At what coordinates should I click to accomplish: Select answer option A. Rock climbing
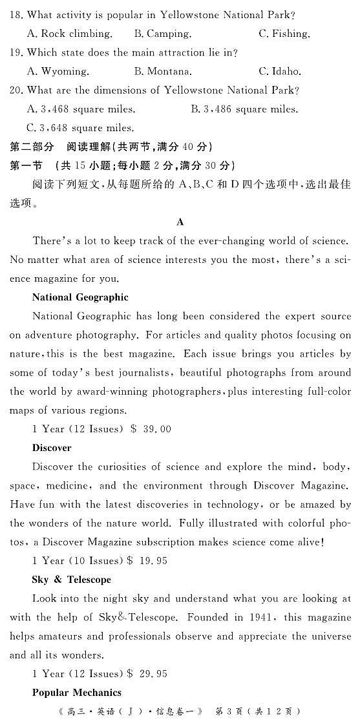click(x=70, y=34)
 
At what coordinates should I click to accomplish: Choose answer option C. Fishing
click(x=284, y=34)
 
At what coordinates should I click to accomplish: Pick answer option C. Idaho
click(x=280, y=72)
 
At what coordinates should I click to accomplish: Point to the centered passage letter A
click(x=180, y=222)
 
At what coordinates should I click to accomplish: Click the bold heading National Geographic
click(x=80, y=297)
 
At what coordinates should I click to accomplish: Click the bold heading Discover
click(x=52, y=448)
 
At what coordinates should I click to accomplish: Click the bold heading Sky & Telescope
click(x=71, y=580)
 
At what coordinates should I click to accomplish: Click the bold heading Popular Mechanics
click(x=76, y=693)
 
